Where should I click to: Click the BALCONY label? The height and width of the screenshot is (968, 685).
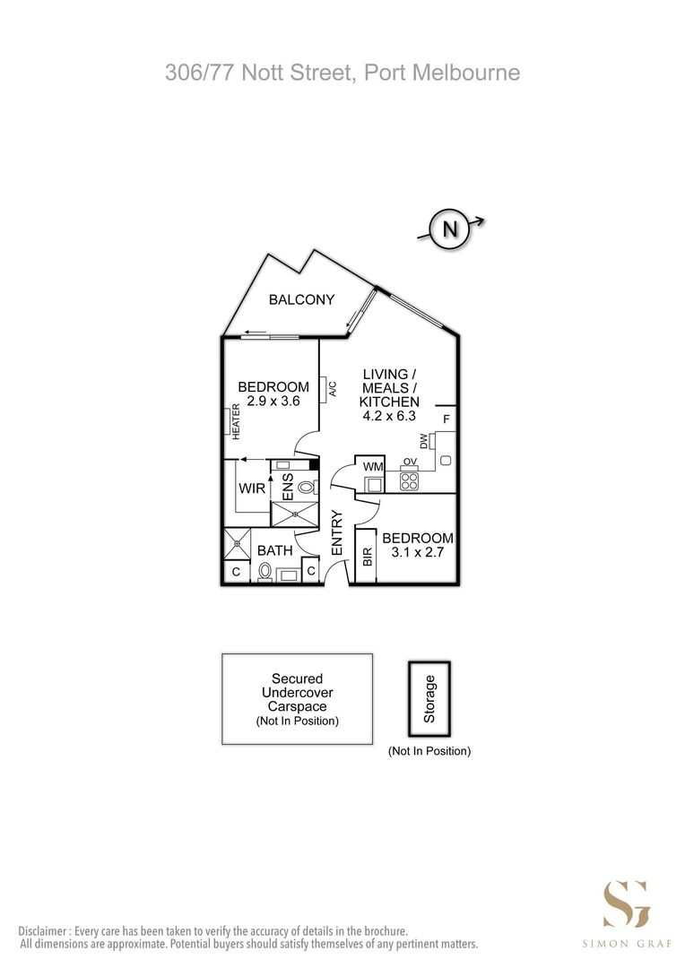tap(301, 299)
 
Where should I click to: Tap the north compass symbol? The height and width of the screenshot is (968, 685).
tap(450, 229)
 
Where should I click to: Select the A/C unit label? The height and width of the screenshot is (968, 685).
tap(333, 389)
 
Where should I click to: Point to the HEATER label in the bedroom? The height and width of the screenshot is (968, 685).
tap(236, 421)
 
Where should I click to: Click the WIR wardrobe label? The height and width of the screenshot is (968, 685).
tap(252, 488)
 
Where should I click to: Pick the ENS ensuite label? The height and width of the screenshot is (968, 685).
tap(288, 487)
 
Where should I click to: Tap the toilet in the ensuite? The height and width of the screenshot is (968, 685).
tap(307, 488)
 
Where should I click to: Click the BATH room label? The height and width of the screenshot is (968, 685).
tap(275, 550)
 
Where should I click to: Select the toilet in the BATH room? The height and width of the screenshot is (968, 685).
tap(264, 572)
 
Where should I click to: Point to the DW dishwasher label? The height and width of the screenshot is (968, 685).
tap(424, 441)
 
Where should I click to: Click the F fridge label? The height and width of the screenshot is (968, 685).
tap(447, 419)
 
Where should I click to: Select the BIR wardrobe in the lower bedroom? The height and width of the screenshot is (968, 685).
tap(367, 556)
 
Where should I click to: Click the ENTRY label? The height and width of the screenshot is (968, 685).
tap(336, 532)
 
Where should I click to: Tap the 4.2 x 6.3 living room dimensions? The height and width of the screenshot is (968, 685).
tap(389, 416)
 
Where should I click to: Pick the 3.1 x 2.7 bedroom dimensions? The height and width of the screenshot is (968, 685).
tap(418, 552)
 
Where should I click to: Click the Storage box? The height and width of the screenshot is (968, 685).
tap(429, 699)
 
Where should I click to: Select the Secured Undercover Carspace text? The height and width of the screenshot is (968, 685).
tap(297, 692)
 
